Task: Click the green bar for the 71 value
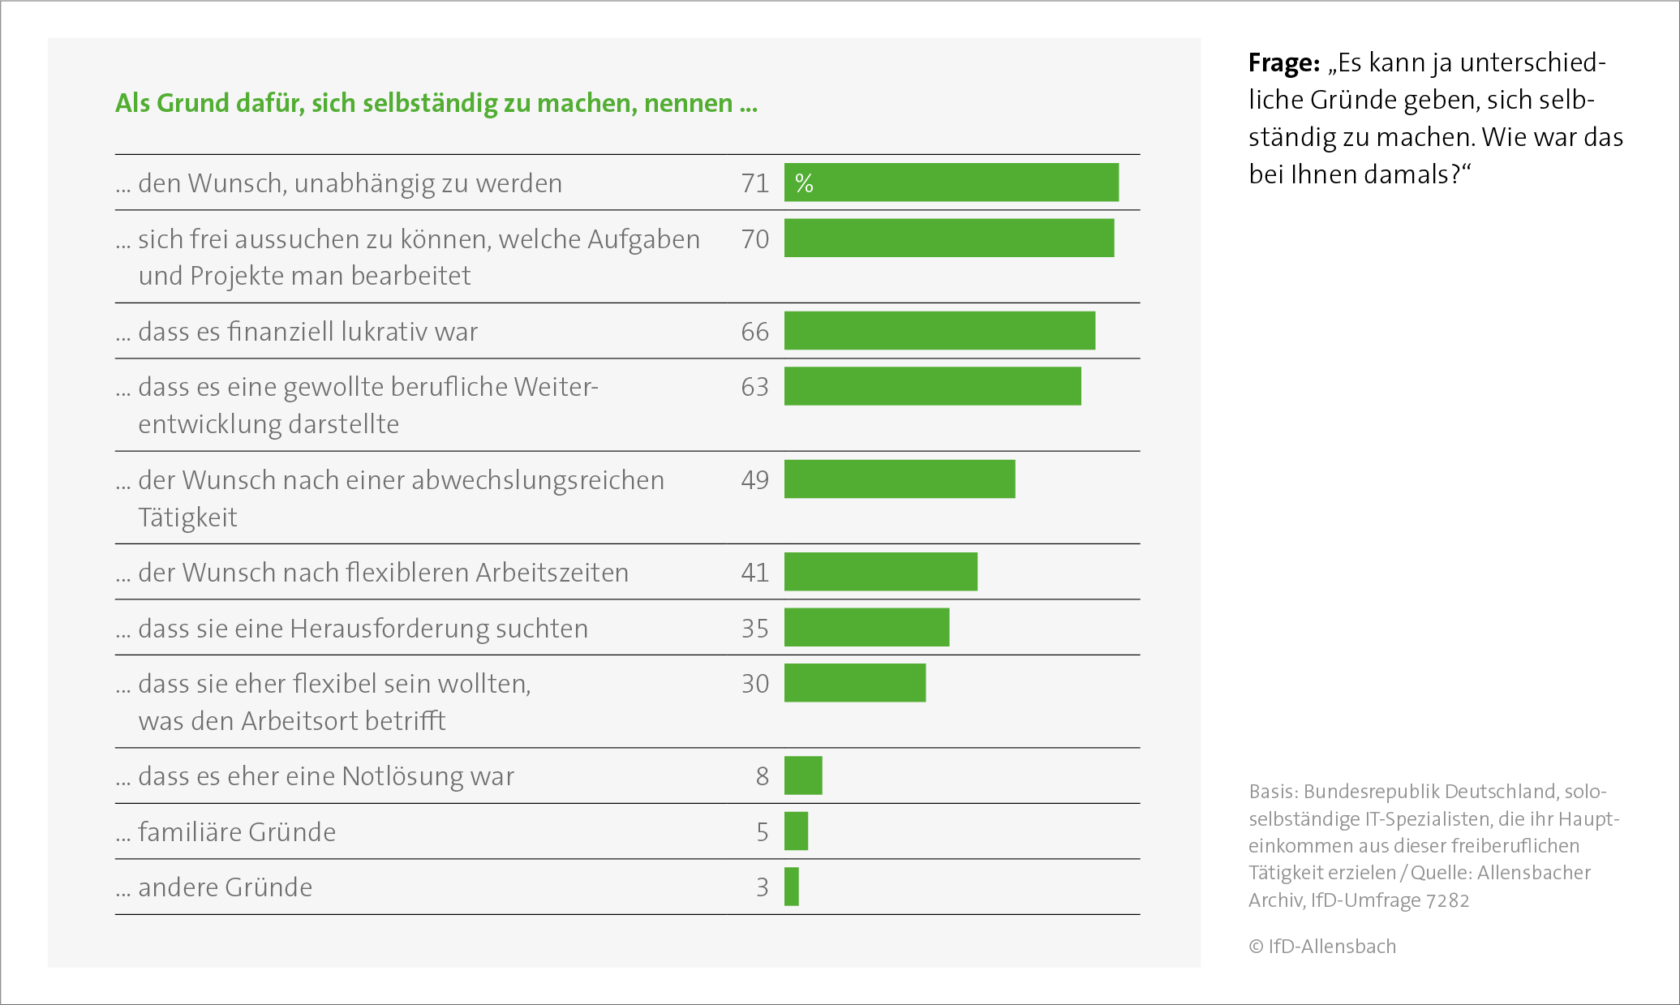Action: pyautogui.click(x=951, y=182)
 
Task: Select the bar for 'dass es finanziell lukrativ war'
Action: pyautogui.click(x=939, y=331)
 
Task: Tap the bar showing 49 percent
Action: pyautogui.click(x=899, y=479)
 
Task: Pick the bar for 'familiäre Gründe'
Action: pyautogui.click(x=796, y=831)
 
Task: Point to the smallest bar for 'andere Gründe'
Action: pyautogui.click(x=792, y=887)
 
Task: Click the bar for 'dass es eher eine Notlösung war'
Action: pyautogui.click(x=803, y=775)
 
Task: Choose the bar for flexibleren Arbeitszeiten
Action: pyautogui.click(x=880, y=572)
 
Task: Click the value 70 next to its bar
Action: pyautogui.click(x=754, y=239)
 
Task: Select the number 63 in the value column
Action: pyautogui.click(x=754, y=387)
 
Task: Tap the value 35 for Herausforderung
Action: pyautogui.click(x=754, y=629)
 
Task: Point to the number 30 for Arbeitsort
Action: pyautogui.click(x=754, y=684)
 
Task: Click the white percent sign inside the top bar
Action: pyautogui.click(x=804, y=183)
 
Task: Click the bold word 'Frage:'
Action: pyautogui.click(x=1284, y=62)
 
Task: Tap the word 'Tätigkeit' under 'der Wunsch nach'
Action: pyautogui.click(x=187, y=517)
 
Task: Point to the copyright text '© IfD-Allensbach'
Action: pyautogui.click(x=1322, y=947)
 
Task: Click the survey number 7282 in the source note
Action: pyautogui.click(x=1447, y=900)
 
